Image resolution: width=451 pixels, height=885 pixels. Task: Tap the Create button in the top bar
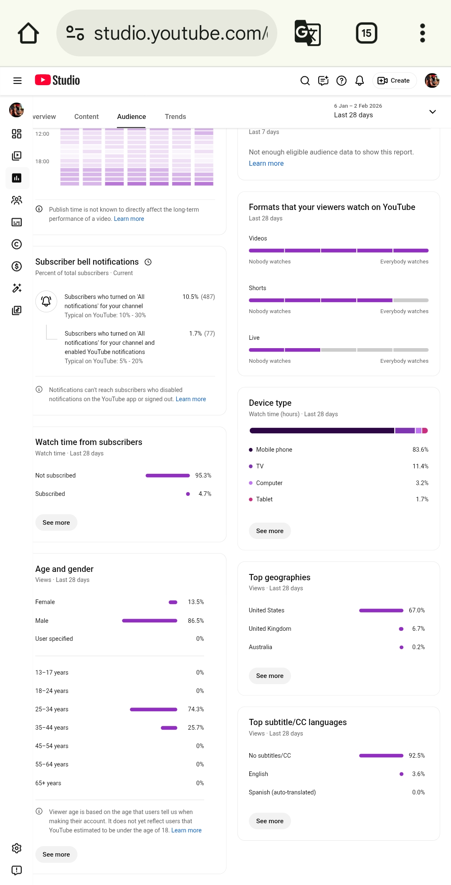tap(394, 81)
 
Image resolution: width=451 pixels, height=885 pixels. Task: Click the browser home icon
tap(28, 33)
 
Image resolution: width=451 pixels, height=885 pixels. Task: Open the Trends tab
tap(175, 116)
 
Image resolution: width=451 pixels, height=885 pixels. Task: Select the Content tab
tap(86, 116)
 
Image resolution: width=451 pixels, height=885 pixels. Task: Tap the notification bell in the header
tap(360, 81)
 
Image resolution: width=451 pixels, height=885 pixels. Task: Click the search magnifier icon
tap(305, 81)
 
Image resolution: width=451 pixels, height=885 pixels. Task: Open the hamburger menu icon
tap(18, 81)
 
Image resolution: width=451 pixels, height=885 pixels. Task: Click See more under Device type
tap(270, 531)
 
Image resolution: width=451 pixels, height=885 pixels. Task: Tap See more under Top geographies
tap(270, 675)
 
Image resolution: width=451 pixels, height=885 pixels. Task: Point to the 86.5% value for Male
tap(196, 620)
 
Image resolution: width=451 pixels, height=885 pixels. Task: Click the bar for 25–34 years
tap(154, 709)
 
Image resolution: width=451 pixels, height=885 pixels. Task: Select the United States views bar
tap(381, 610)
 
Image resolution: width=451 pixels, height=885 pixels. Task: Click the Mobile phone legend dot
tap(251, 450)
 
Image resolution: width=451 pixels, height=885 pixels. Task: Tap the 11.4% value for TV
tap(421, 466)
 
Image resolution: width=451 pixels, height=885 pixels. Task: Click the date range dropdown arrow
tap(433, 111)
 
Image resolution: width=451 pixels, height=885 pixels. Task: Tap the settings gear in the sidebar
tap(17, 848)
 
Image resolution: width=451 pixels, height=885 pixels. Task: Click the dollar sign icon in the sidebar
tap(17, 266)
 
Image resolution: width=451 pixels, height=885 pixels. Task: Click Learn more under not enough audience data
tap(266, 163)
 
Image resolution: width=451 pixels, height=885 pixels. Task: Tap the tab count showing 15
tap(366, 33)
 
